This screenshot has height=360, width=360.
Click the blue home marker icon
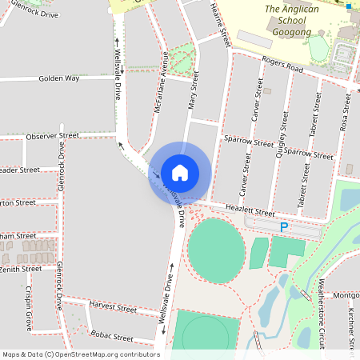tap(180, 172)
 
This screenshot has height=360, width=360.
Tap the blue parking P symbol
tap(283, 228)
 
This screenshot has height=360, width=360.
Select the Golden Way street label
tap(58, 78)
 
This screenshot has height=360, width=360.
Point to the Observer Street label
tap(52, 137)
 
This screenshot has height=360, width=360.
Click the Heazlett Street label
tap(251, 210)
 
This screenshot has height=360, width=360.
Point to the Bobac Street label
tap(111, 337)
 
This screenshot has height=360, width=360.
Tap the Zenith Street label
tap(20, 269)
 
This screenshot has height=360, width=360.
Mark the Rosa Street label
tap(346, 112)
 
